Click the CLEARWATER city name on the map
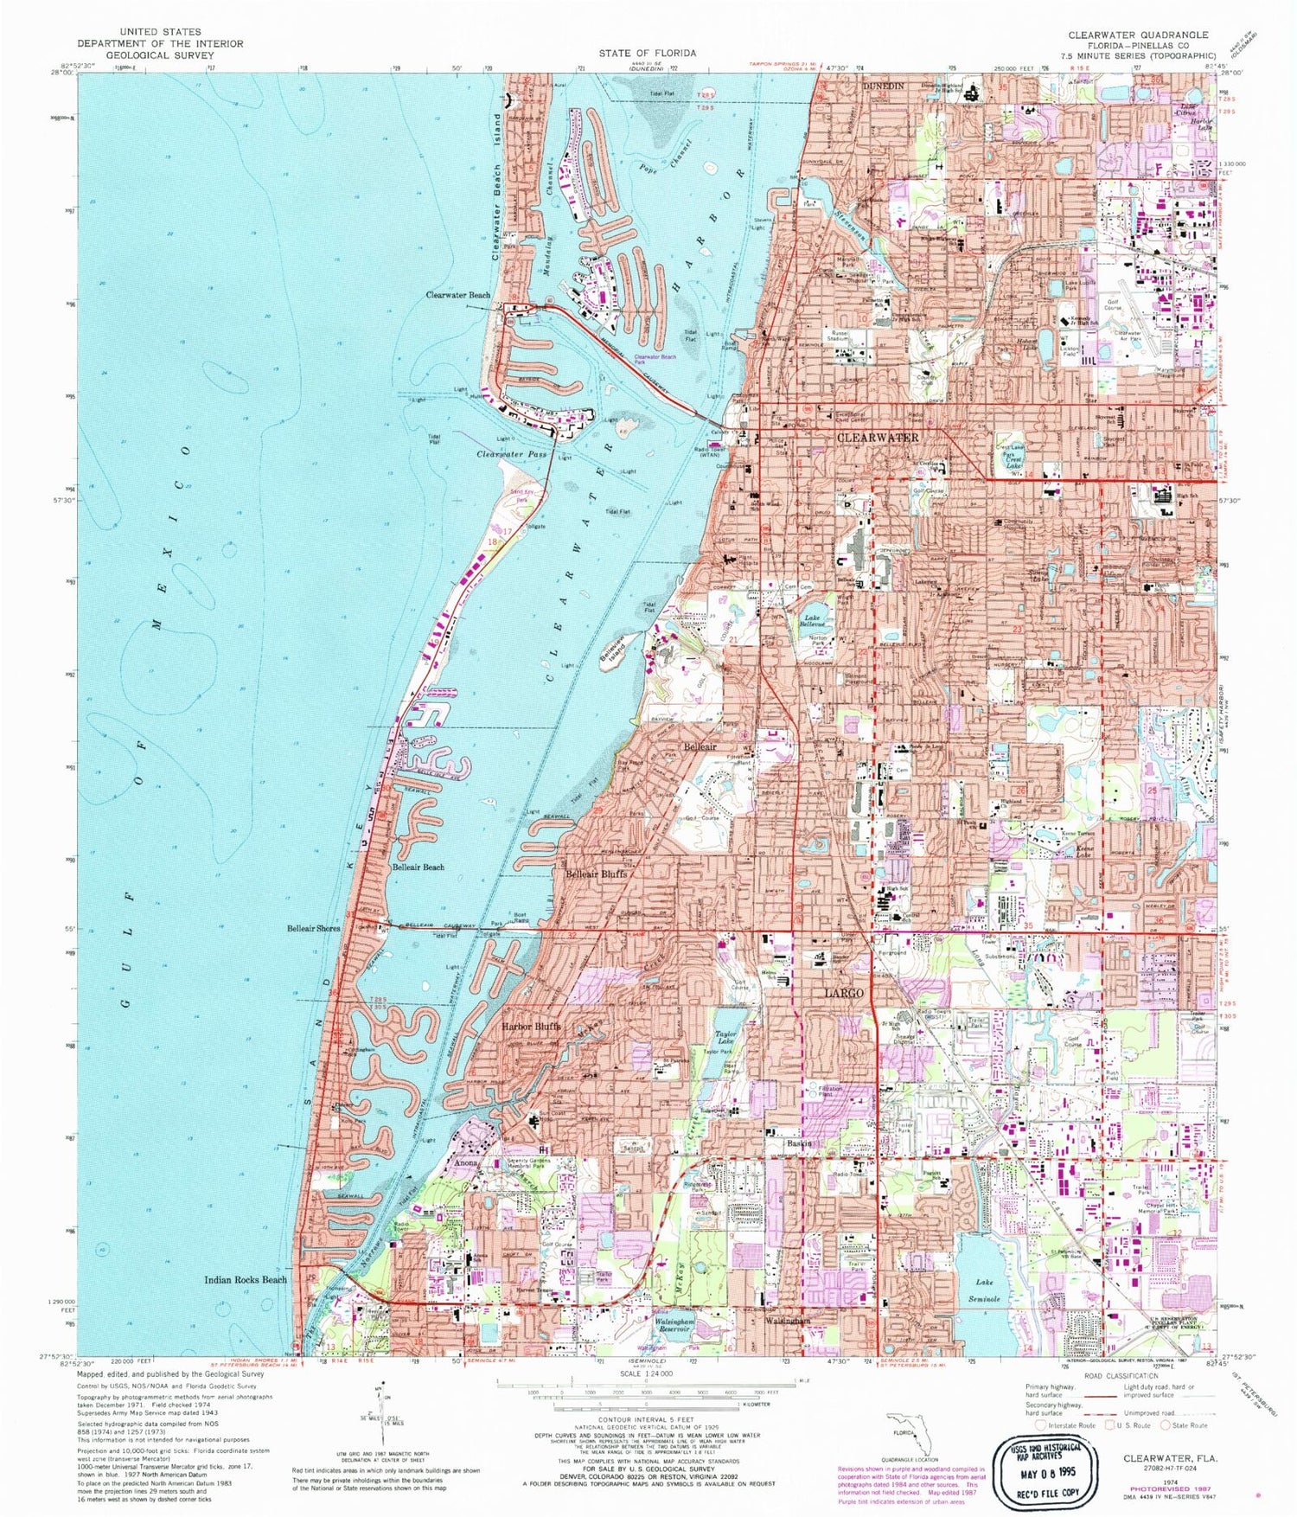pos(878,438)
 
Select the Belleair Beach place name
pos(418,867)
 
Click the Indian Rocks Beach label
pos(246,1280)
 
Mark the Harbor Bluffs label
pos(532,1027)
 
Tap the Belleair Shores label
pos(314,928)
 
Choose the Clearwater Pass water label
pos(512,453)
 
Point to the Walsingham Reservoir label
pos(682,1323)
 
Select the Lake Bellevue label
pos(811,619)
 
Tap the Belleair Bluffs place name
pos(597,874)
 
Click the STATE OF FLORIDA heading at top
pos(648,54)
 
